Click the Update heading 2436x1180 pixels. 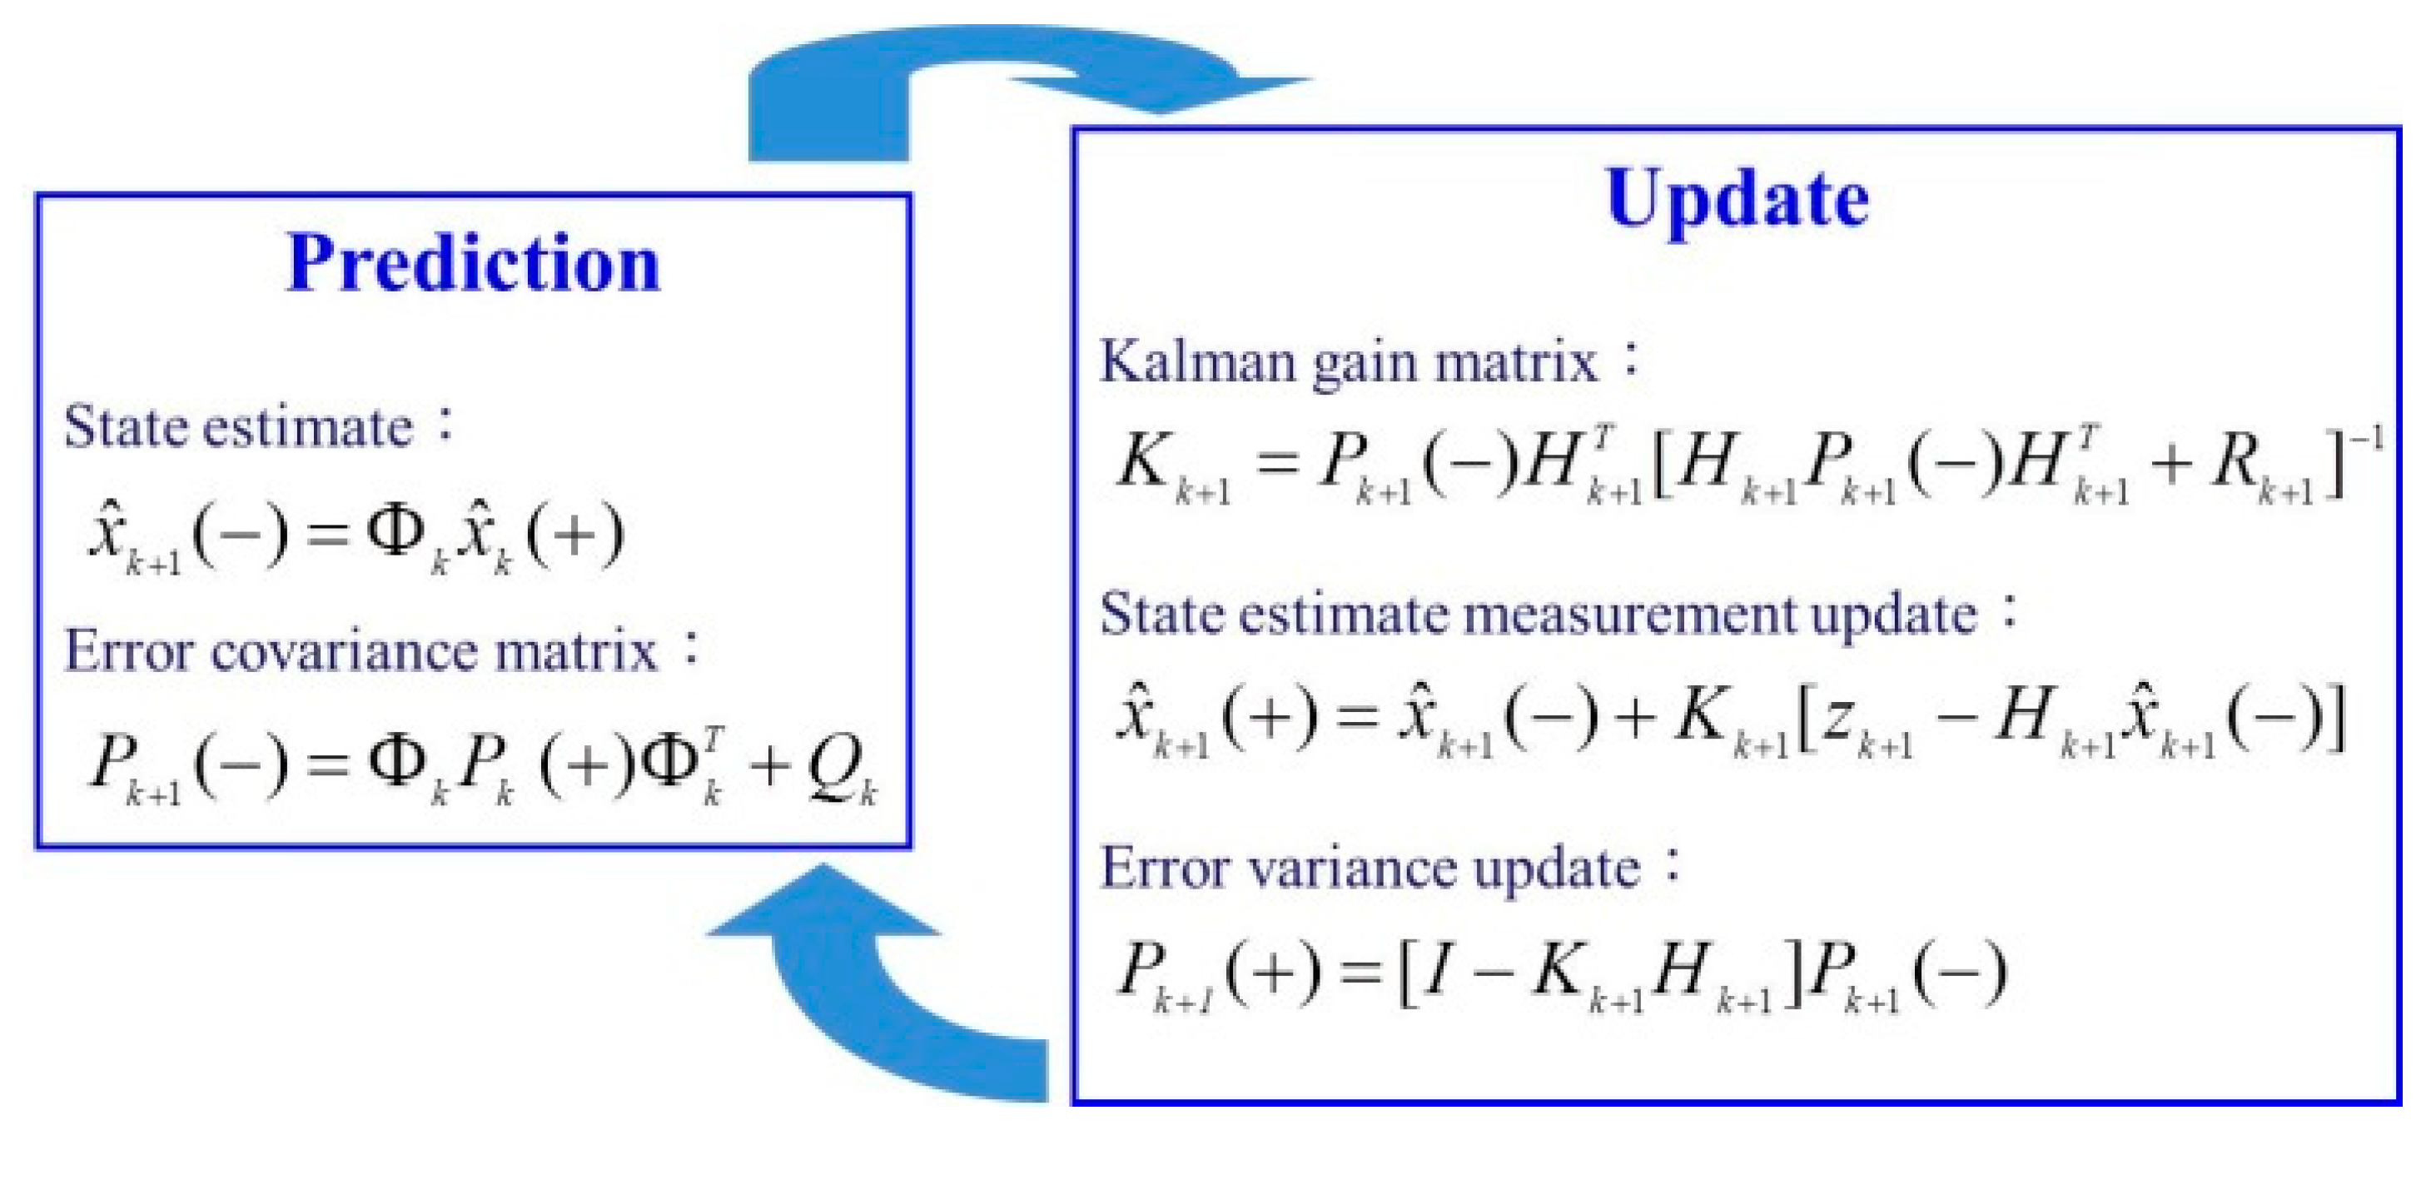1738,201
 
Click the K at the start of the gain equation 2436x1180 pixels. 1144,463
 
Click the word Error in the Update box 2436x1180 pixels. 1167,868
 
